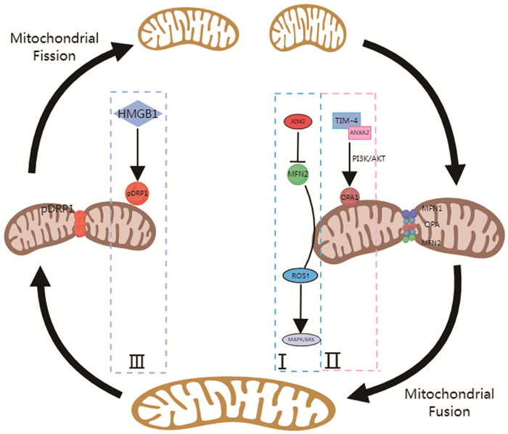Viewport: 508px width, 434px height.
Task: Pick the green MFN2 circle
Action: tap(297, 175)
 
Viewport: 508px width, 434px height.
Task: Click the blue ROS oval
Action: tap(297, 275)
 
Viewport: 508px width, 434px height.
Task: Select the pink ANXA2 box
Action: tap(359, 131)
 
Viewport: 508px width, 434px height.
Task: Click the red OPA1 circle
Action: tap(347, 197)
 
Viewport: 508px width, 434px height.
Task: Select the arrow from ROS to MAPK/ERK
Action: tap(298, 307)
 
